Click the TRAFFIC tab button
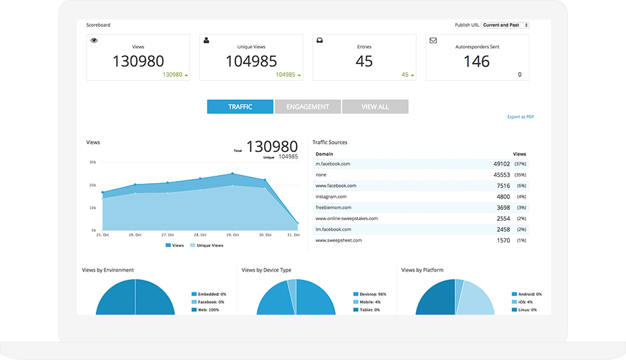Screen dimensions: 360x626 (240, 107)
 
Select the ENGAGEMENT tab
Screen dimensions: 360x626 (307, 107)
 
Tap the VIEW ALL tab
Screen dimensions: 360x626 (375, 107)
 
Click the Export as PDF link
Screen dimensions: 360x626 (521, 117)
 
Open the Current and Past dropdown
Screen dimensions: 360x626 (505, 25)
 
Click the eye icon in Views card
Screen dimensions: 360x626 (94, 41)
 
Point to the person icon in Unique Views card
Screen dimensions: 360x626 (207, 41)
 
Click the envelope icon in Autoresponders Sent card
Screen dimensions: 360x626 (433, 41)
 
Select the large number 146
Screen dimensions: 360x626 (477, 61)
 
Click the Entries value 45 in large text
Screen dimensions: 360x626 (364, 61)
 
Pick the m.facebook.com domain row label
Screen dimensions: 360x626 (332, 164)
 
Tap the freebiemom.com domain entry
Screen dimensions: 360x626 (334, 207)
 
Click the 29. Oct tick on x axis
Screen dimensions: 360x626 (232, 235)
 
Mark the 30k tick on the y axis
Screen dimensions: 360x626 (93, 163)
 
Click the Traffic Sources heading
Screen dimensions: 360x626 (330, 143)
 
